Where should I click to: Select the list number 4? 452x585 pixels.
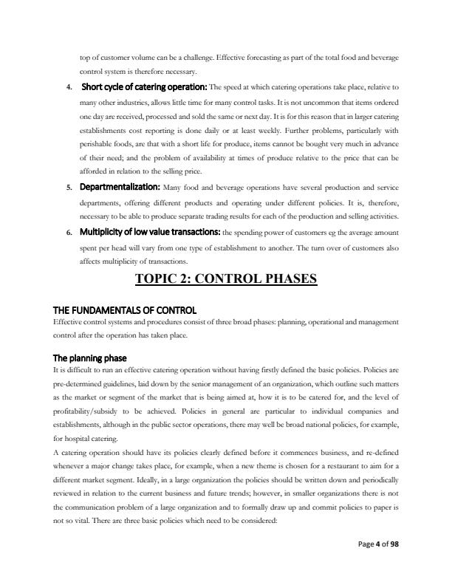click(x=68, y=88)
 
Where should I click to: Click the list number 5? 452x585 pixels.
click(x=68, y=187)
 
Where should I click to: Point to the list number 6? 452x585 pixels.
click(x=68, y=233)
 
